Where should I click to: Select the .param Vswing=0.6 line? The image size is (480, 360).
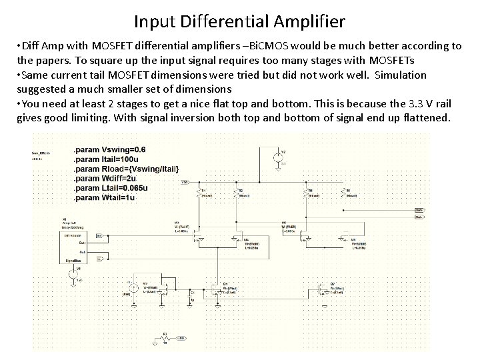point(109,149)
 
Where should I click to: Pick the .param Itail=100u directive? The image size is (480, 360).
point(106,159)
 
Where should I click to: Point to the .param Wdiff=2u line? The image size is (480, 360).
point(105,178)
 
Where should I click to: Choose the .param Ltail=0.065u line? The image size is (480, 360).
point(111,188)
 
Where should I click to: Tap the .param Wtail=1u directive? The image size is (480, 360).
point(103,198)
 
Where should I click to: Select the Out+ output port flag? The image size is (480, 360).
point(419,209)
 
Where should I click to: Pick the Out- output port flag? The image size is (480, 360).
point(419,216)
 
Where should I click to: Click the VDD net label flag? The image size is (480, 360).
point(185,181)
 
